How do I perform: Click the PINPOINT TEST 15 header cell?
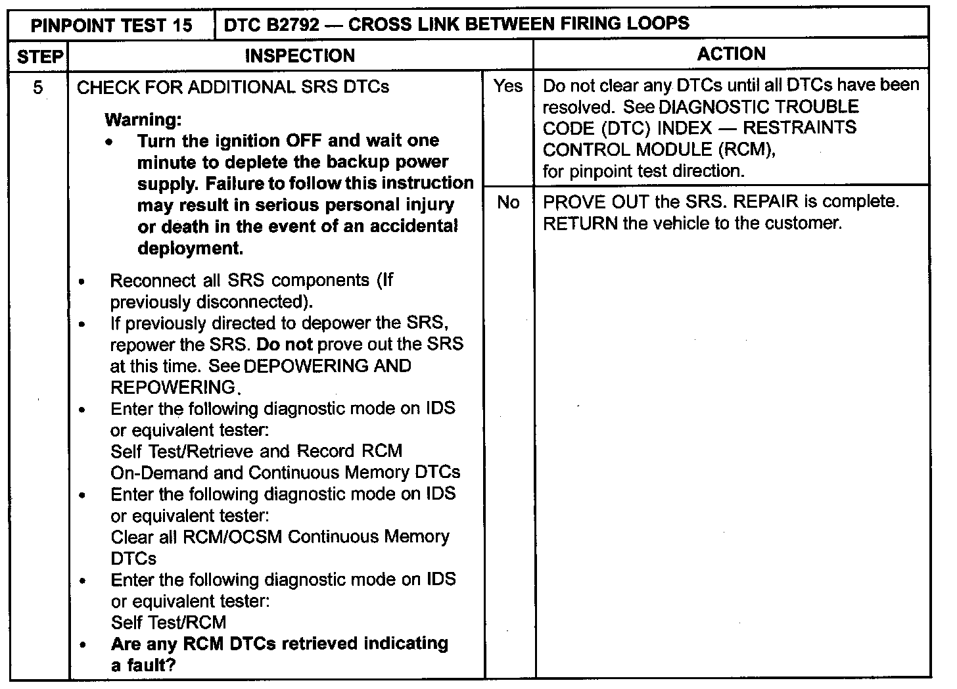click(x=112, y=25)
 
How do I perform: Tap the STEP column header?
click(x=39, y=57)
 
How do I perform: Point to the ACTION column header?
click(x=731, y=54)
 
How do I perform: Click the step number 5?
click(x=39, y=87)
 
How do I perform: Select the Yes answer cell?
click(x=508, y=86)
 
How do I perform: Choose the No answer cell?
click(x=508, y=202)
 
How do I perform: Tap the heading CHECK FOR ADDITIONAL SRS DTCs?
click(x=233, y=87)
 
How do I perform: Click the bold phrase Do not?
click(x=284, y=344)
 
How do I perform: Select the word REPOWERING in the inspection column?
click(x=173, y=387)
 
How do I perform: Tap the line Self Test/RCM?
click(x=168, y=623)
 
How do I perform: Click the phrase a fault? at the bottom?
click(x=143, y=665)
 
